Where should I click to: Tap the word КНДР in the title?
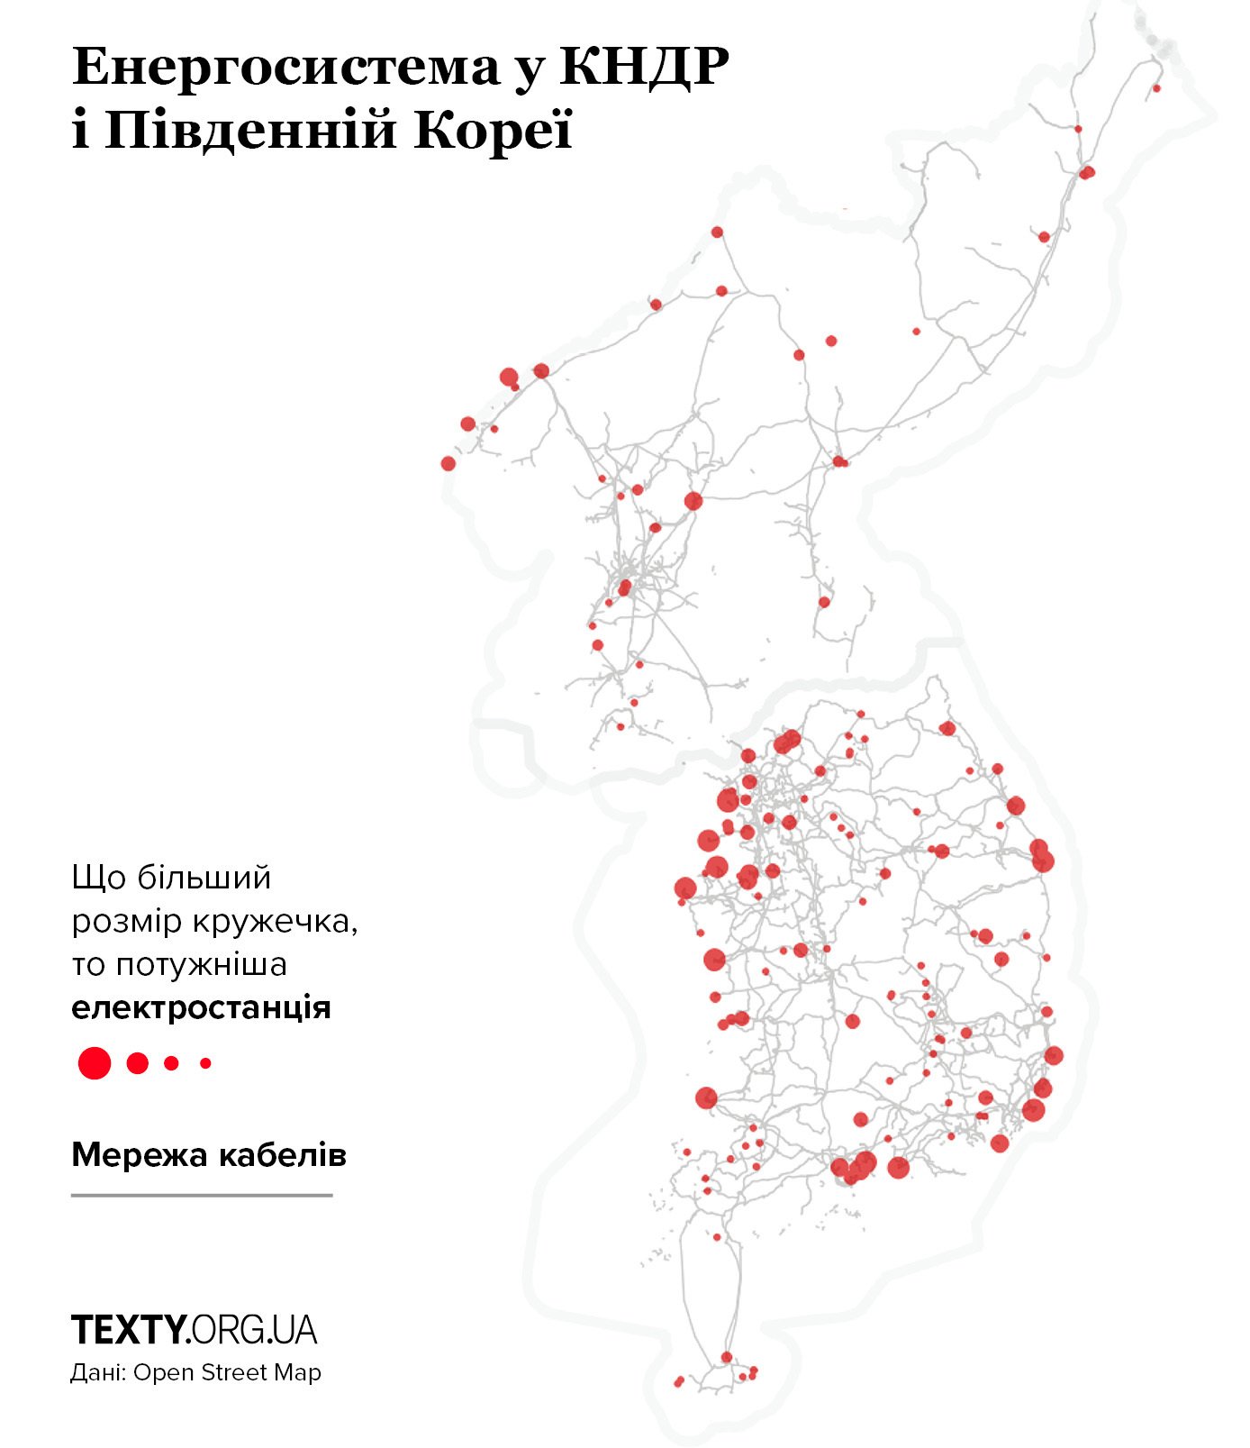coord(644,67)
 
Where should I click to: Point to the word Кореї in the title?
coord(493,131)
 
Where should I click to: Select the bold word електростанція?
coord(201,1006)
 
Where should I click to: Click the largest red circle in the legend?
coord(95,1063)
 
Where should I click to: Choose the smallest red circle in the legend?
coord(205,1063)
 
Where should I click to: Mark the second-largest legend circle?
coord(137,1063)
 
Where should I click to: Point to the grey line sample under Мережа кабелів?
coord(202,1196)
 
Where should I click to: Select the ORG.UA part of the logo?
coord(254,1330)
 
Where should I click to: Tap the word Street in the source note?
coord(234,1373)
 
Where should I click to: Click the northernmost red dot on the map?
coord(1156,88)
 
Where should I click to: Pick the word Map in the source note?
coord(299,1373)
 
